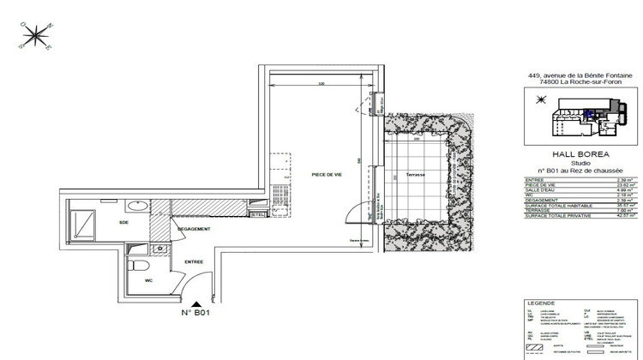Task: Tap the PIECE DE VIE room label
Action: click(x=327, y=175)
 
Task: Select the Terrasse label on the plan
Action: click(x=417, y=174)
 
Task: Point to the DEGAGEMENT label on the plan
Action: click(x=194, y=229)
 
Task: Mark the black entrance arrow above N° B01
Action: click(x=197, y=303)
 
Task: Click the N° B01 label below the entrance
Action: click(x=196, y=314)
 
